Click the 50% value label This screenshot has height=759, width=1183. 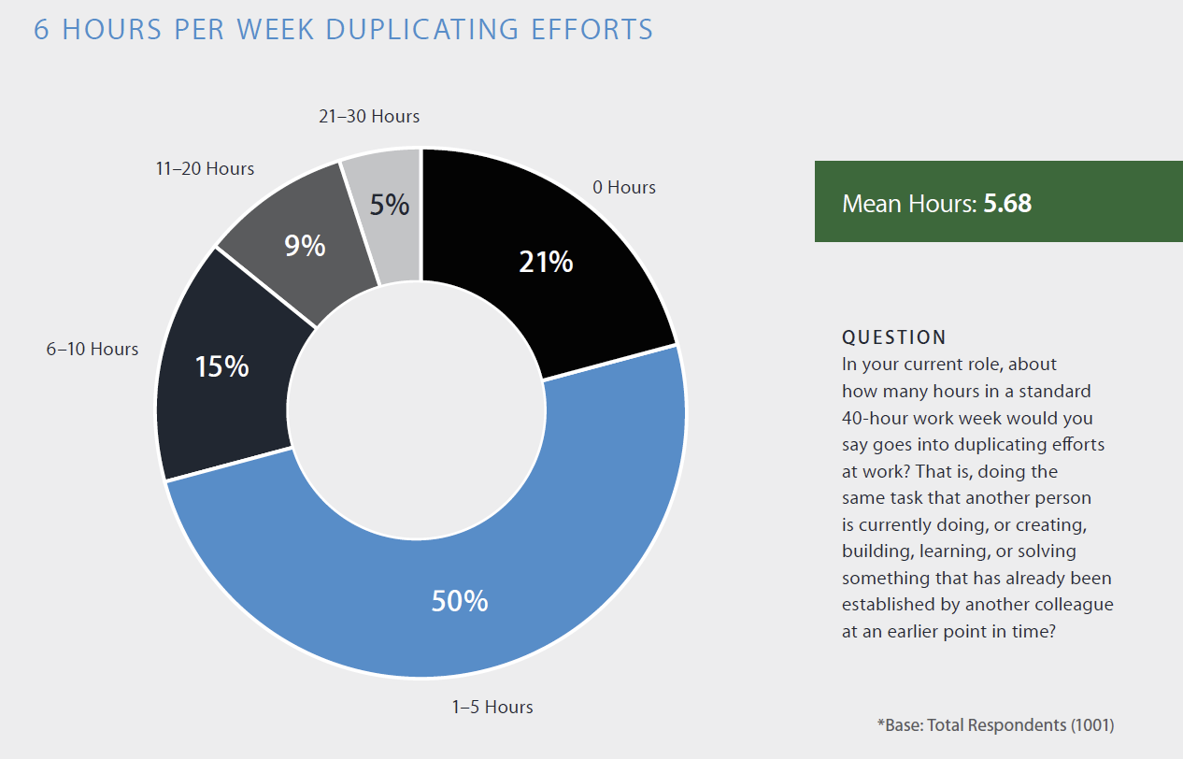click(x=459, y=601)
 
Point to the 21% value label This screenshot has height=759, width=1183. click(x=546, y=263)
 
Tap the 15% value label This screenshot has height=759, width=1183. click(x=221, y=366)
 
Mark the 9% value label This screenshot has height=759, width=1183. click(x=306, y=246)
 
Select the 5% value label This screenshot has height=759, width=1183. click(x=390, y=205)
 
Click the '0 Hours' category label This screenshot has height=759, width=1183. click(x=624, y=188)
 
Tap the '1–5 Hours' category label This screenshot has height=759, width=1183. click(x=492, y=708)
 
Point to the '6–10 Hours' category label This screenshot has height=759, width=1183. click(x=93, y=350)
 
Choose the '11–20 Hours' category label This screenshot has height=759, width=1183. click(x=205, y=169)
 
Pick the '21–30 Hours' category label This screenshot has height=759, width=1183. click(x=369, y=117)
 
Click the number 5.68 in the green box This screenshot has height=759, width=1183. click(x=1007, y=203)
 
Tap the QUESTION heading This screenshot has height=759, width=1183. click(x=893, y=337)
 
